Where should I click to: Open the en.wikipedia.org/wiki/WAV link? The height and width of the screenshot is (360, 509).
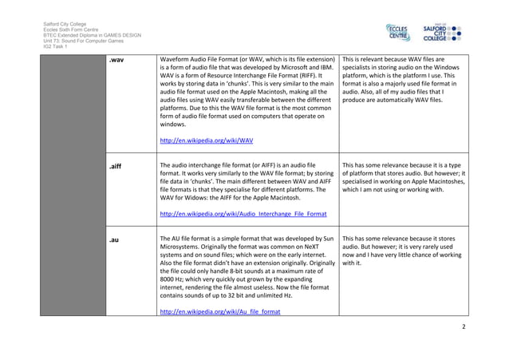[x=207, y=140]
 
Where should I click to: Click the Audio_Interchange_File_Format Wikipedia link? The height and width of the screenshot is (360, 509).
[x=243, y=214]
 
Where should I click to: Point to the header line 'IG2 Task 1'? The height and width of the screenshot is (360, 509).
[x=56, y=47]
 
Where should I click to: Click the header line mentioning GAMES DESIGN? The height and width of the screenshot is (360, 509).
[x=92, y=36]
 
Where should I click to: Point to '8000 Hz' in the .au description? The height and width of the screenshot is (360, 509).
[x=175, y=281]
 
